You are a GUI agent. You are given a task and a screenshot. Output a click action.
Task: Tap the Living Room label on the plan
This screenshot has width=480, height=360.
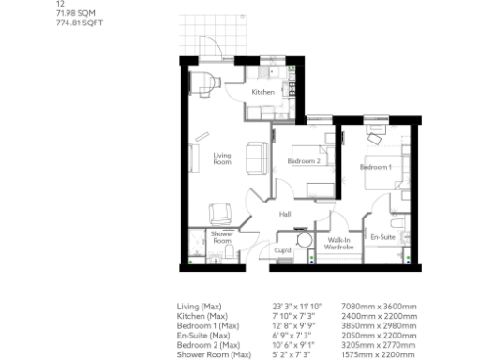click(x=222, y=158)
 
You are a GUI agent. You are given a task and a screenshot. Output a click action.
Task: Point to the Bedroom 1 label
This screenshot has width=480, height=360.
click(x=375, y=167)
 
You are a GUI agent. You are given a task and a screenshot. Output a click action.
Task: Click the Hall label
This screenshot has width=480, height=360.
click(x=284, y=215)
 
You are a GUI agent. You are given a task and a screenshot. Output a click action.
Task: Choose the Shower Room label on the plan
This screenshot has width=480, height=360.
click(x=222, y=236)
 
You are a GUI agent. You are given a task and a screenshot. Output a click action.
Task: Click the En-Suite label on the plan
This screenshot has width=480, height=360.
click(x=381, y=236)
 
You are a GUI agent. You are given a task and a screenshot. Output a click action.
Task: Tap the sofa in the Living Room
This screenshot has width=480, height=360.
click(x=254, y=156)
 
